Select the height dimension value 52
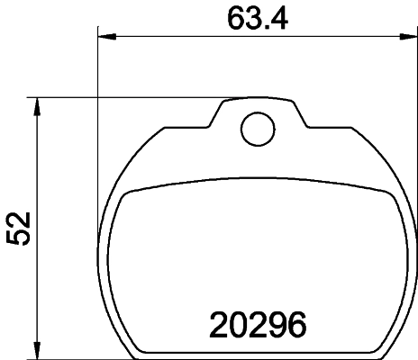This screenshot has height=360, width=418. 18,229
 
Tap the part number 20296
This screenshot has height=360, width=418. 259,323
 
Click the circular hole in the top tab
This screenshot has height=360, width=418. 257,128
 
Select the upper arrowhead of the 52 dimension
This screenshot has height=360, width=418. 37,104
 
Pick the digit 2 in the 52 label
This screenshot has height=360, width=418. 18,219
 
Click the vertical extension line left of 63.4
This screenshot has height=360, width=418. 97,63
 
